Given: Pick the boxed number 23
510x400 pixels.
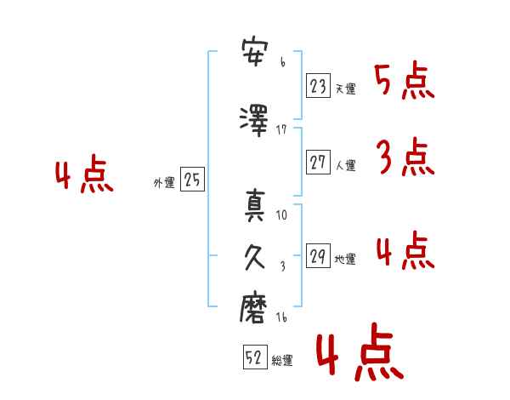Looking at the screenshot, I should [318, 85].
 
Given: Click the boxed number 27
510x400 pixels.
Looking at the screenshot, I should [318, 163].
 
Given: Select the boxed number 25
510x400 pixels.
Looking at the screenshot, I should [192, 180].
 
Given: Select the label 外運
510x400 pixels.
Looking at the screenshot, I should [164, 182].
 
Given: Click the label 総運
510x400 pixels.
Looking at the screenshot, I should [282, 360].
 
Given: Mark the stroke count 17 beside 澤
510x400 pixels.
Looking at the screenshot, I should [281, 129].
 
